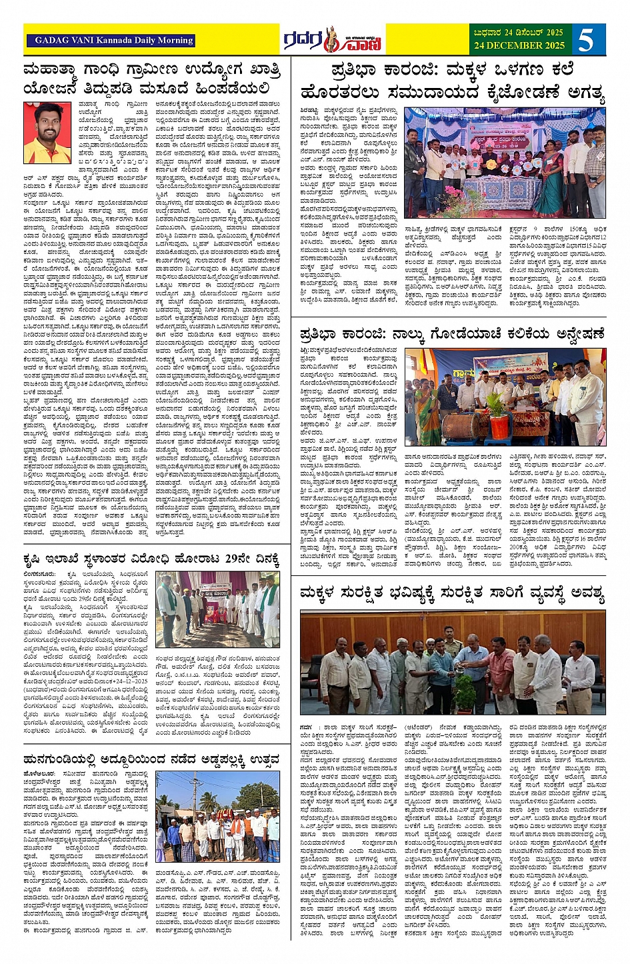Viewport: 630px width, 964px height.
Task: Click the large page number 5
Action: [x=586, y=40]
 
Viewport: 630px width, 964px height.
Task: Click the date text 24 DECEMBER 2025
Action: [x=519, y=46]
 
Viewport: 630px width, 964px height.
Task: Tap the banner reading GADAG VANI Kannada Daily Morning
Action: [x=111, y=40]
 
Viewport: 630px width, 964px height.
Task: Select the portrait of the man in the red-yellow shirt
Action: [x=47, y=133]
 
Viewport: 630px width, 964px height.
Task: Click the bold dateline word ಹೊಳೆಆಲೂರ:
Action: [x=41, y=774]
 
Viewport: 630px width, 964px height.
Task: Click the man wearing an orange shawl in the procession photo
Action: [x=239, y=833]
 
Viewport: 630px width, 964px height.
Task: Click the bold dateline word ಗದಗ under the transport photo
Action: [x=306, y=726]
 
